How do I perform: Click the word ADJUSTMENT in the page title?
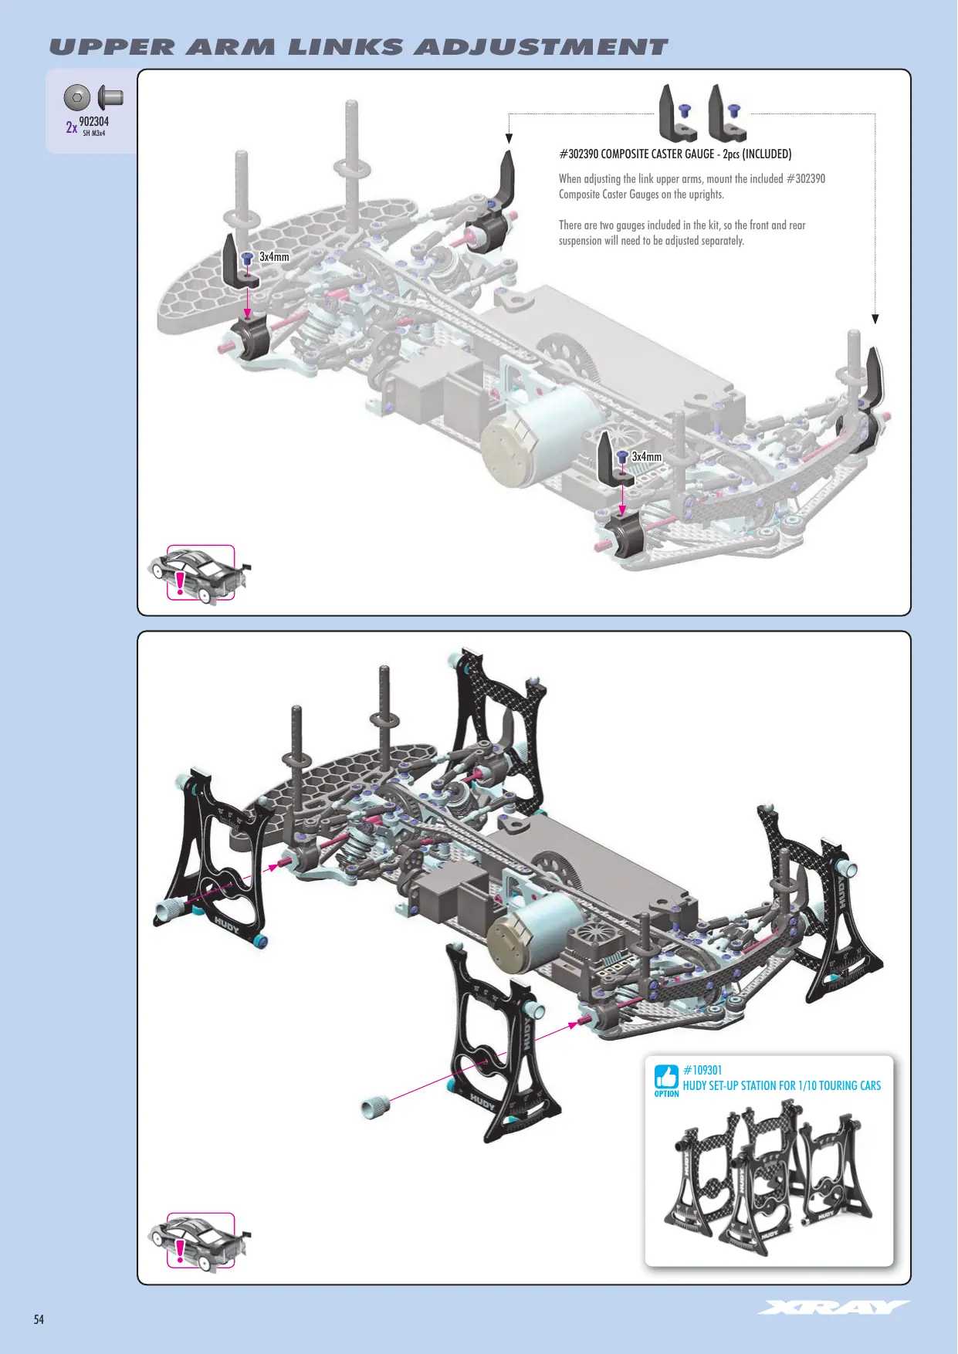tap(540, 47)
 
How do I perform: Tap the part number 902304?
tap(93, 121)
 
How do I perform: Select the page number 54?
tap(39, 1319)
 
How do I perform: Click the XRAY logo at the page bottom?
tap(834, 1307)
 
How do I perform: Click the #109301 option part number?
tap(702, 1070)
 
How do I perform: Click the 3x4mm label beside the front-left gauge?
tap(274, 257)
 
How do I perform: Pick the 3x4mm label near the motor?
tap(646, 457)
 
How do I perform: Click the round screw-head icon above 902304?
tap(77, 98)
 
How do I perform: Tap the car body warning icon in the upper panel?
tap(199, 573)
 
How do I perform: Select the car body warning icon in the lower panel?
tap(199, 1241)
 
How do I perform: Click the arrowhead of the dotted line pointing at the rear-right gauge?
tap(875, 319)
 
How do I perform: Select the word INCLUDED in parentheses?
tap(767, 154)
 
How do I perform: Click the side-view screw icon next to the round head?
tap(111, 98)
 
